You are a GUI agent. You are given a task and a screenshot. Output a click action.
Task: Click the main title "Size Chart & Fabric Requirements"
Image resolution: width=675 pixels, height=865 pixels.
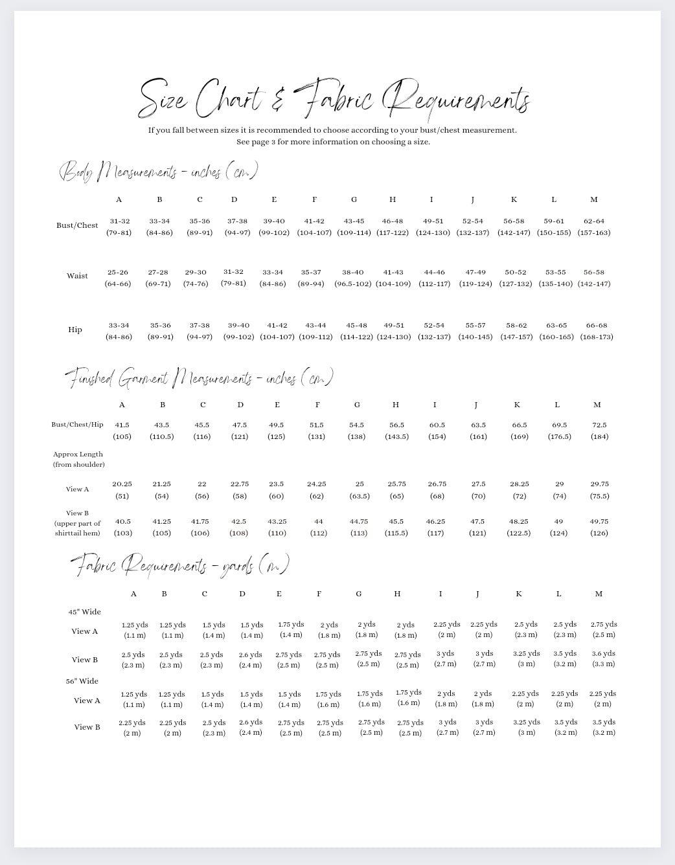coord(334,99)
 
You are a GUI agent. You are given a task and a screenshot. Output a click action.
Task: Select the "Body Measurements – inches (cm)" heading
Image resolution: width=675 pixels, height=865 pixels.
coord(159,172)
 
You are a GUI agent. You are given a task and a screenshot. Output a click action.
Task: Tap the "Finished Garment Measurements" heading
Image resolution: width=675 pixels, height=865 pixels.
coord(199,378)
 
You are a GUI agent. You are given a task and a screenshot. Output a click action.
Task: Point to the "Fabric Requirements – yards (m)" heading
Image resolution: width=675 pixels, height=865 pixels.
coord(179,565)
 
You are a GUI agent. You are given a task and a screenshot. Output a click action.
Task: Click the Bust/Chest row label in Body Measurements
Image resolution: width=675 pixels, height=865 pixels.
coord(77,225)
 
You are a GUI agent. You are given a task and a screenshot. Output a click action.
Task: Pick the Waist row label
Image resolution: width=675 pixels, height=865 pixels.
coord(77,276)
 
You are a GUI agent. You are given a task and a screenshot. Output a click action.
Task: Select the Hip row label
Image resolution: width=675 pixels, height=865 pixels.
coord(75,330)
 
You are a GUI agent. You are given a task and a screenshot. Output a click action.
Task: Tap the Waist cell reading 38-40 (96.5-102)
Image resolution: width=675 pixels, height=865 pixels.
coord(353,278)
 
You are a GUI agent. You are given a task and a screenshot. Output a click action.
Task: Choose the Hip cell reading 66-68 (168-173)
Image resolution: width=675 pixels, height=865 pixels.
coord(597,331)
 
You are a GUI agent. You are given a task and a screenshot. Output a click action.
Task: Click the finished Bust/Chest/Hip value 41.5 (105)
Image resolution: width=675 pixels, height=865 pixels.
coord(122,431)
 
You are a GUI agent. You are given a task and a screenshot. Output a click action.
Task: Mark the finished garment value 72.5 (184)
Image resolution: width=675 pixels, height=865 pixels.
coord(599,431)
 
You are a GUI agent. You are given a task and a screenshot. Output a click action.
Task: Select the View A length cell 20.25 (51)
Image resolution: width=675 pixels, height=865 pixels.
coord(122,489)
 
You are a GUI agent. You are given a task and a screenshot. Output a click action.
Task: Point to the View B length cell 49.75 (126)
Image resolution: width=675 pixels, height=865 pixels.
coord(599,527)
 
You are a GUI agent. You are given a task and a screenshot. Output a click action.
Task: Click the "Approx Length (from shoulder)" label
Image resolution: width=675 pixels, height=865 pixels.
coord(78,459)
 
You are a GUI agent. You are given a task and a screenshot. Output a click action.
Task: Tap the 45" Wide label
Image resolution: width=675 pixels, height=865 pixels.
coord(85,612)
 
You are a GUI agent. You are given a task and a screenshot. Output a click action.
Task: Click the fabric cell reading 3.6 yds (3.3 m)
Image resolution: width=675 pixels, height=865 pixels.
coord(603,658)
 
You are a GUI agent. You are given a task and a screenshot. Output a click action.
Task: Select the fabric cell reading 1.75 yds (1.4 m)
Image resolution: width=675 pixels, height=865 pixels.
coord(291,629)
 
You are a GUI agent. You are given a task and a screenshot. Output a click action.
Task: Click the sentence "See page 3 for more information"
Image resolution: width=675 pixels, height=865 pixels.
coord(333,142)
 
